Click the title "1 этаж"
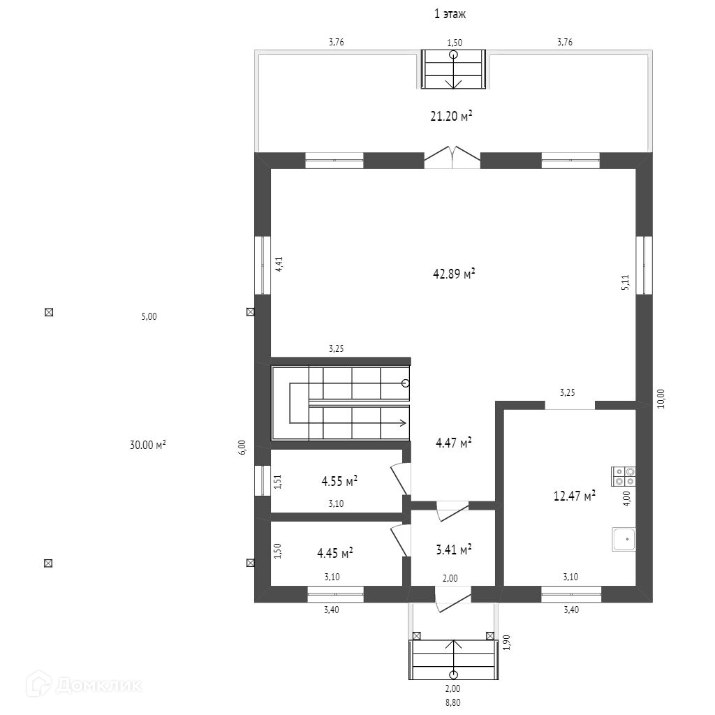click(450, 14)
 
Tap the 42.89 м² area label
click(454, 274)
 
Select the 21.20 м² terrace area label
click(451, 116)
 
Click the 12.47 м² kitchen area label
click(575, 495)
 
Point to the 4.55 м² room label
click(339, 480)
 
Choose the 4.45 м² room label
click(335, 553)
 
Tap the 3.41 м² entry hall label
click(454, 549)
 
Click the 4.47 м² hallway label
click(454, 442)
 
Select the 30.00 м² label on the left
click(148, 445)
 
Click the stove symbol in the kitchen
click(624, 476)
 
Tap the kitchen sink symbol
click(624, 540)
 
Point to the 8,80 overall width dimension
click(452, 702)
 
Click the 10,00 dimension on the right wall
click(661, 399)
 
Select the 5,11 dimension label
click(625, 282)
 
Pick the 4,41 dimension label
click(279, 265)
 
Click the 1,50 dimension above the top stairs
click(454, 43)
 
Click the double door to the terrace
click(452, 157)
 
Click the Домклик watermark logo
click(84, 684)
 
